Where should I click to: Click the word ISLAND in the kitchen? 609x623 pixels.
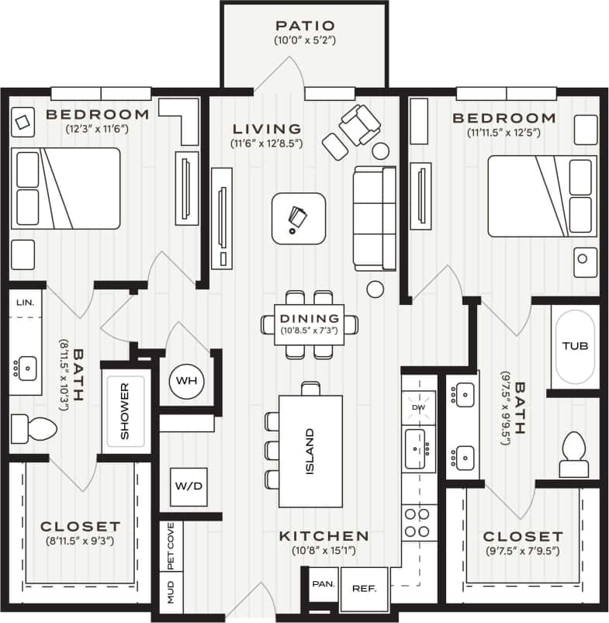tap(310, 452)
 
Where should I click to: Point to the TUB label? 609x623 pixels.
tap(574, 346)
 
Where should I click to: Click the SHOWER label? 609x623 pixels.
tap(124, 410)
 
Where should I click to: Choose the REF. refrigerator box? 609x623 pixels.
tap(364, 588)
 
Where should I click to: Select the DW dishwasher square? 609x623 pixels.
tap(419, 407)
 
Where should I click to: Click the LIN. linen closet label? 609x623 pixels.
tap(25, 302)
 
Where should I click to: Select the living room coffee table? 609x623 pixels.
tap(299, 217)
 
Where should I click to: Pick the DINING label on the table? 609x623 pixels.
tap(310, 318)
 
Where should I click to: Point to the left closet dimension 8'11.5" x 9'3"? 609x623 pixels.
tap(80, 541)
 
